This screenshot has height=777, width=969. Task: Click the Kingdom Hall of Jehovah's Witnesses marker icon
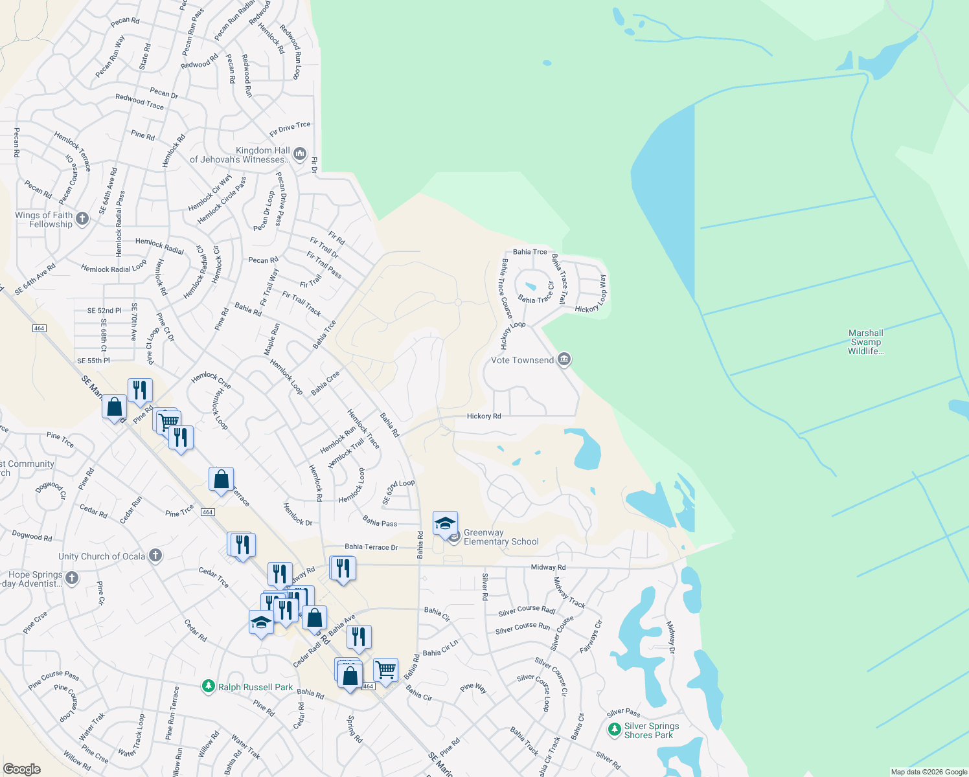[299, 154]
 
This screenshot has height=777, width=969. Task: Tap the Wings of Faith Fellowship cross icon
[82, 219]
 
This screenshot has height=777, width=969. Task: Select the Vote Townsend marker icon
[564, 359]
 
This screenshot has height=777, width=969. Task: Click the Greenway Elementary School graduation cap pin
[445, 524]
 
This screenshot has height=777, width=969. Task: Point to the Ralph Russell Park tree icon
[208, 686]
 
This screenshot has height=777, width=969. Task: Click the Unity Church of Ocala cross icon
[155, 556]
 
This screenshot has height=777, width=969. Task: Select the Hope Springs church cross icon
[72, 578]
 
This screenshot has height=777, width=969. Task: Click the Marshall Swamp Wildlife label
[865, 342]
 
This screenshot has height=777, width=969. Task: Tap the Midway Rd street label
[548, 567]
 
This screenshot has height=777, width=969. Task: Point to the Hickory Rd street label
[484, 416]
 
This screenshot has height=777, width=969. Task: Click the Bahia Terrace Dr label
[371, 547]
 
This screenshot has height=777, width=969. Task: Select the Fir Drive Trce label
[290, 129]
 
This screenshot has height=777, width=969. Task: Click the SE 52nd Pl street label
[104, 311]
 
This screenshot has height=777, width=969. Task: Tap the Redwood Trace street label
[139, 102]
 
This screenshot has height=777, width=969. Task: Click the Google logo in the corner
[22, 769]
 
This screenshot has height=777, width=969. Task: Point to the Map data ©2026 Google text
[929, 772]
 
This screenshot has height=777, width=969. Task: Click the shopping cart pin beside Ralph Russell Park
[385, 670]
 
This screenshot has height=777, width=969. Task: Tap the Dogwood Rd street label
[32, 535]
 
